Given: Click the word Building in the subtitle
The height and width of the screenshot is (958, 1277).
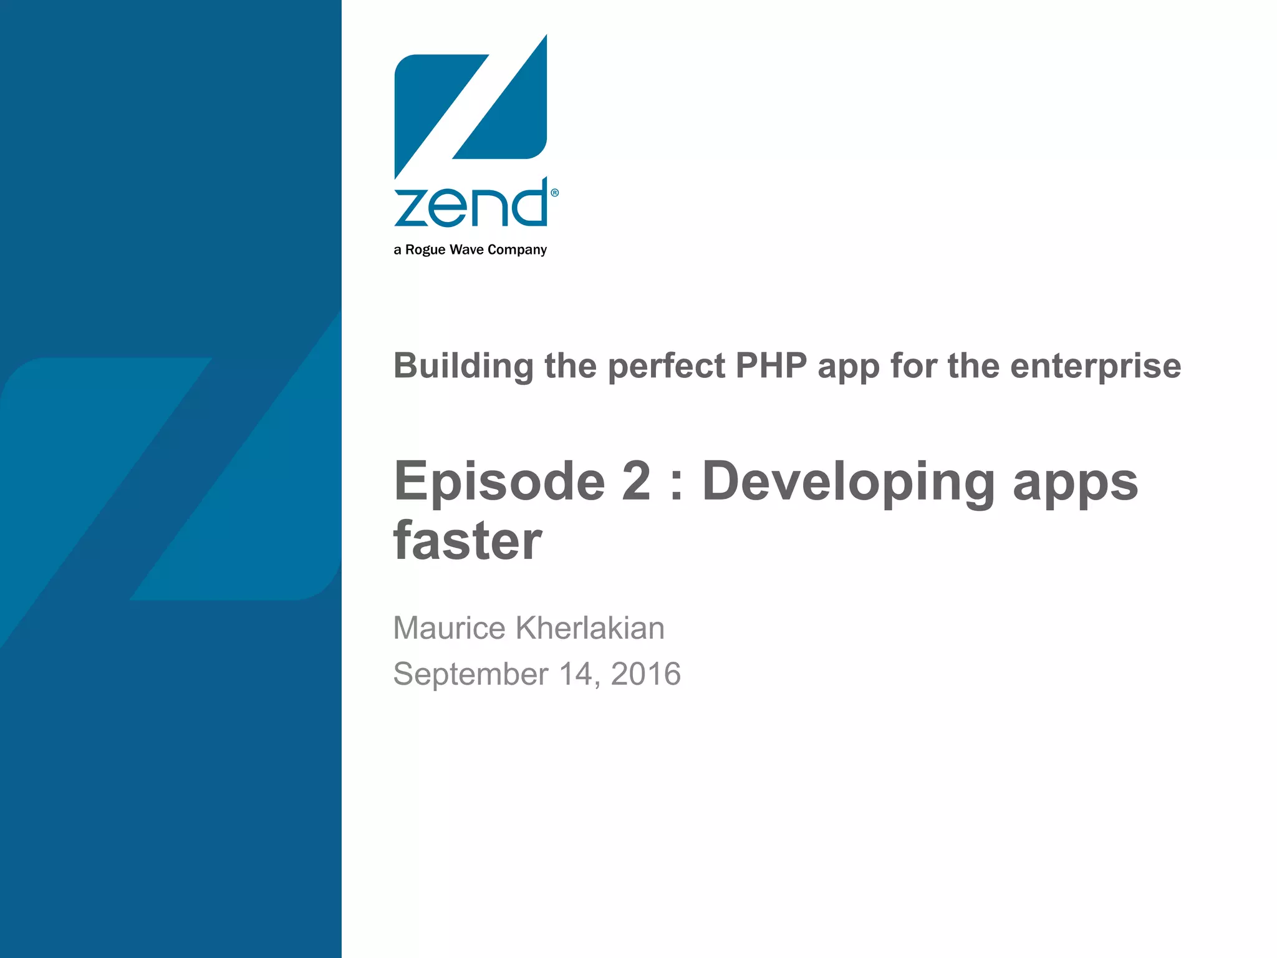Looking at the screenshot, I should click(x=463, y=366).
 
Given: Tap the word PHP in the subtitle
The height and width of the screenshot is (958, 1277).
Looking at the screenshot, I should click(x=771, y=366).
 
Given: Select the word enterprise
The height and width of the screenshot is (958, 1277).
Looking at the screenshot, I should click(x=1096, y=366).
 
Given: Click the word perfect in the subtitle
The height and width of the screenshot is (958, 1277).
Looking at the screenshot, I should click(x=666, y=366).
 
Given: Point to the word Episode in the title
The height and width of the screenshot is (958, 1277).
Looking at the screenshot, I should click(x=499, y=481).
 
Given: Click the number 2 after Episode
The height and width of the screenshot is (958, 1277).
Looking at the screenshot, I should click(x=636, y=481).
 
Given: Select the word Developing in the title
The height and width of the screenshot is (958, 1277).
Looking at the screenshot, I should click(x=848, y=481).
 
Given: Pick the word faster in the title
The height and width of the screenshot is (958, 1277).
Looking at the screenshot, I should click(x=468, y=541).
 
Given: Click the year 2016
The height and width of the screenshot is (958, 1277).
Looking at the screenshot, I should click(x=645, y=674).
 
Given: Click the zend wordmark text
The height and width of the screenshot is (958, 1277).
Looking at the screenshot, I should click(x=471, y=204).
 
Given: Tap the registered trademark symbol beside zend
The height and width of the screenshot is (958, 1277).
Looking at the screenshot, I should click(x=555, y=193).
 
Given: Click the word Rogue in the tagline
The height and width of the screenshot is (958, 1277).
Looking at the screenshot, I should click(x=425, y=250).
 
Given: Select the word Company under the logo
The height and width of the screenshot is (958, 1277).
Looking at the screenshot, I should click(x=517, y=250).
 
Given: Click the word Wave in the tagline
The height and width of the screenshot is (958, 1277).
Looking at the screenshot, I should click(x=466, y=250).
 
